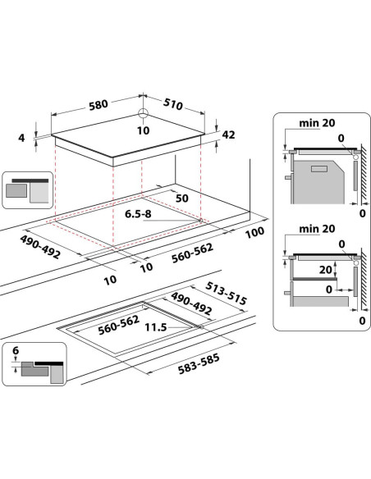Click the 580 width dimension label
point(98,105)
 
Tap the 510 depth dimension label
point(173,104)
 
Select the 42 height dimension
point(228,135)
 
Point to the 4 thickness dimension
point(21,138)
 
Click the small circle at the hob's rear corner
point(143,114)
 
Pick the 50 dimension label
point(182,198)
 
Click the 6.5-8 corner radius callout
point(138,214)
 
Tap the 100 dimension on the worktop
point(255,232)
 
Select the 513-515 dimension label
point(226,294)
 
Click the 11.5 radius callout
point(156,327)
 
